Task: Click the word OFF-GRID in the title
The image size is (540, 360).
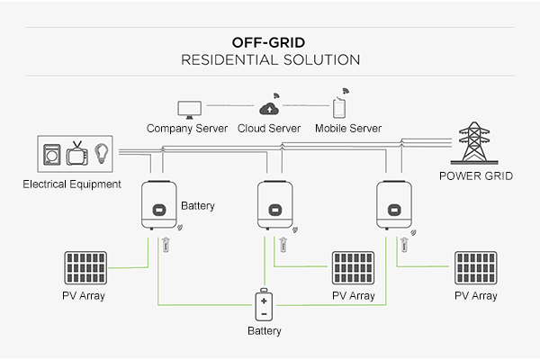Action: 270,41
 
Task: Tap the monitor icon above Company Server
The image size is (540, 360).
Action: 188,108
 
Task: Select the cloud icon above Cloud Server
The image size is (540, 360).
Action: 270,107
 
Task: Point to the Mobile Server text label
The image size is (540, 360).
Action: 348,129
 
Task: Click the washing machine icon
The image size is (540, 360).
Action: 50,154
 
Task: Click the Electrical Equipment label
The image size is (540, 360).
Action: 72,184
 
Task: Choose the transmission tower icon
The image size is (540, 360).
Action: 475,144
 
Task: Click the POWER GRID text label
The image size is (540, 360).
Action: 475,176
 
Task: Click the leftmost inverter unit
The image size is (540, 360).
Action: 157,207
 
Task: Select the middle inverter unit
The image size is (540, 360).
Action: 275,207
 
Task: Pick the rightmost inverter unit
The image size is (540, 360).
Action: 393,207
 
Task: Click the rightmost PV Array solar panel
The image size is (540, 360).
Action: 474,268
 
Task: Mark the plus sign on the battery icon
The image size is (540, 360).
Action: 265,301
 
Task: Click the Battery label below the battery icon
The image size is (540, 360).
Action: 265,331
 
